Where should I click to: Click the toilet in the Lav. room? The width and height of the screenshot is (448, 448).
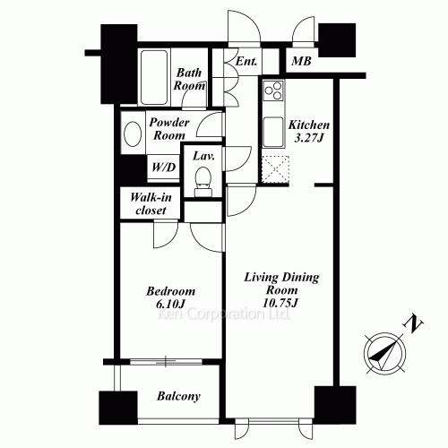[x=203, y=181]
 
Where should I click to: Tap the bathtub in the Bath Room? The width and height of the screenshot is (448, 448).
[x=154, y=77]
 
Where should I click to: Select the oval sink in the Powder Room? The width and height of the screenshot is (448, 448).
[x=133, y=134]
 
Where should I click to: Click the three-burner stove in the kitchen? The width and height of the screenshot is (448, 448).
[x=273, y=90]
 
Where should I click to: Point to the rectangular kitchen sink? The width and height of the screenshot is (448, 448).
[x=273, y=132]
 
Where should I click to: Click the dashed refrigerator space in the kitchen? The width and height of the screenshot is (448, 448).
[x=275, y=169]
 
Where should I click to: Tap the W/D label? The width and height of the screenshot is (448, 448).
[x=163, y=168]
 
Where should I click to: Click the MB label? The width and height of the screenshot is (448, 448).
[x=301, y=61]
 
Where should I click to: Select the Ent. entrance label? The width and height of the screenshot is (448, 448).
[x=246, y=62]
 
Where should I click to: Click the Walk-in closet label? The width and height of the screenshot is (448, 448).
[x=151, y=203]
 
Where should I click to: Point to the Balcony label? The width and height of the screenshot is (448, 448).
[x=178, y=396]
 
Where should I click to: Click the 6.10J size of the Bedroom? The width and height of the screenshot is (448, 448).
[x=170, y=304]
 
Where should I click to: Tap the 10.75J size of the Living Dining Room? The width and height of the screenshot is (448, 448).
[x=280, y=303]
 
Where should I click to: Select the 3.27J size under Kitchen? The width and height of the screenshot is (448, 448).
[x=309, y=138]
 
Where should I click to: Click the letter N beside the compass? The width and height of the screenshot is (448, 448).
[x=413, y=323]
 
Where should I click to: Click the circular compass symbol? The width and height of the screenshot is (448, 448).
[x=385, y=353]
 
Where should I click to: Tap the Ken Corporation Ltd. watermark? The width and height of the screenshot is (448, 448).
[x=224, y=314]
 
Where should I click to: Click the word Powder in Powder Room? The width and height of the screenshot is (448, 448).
[x=169, y=122]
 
